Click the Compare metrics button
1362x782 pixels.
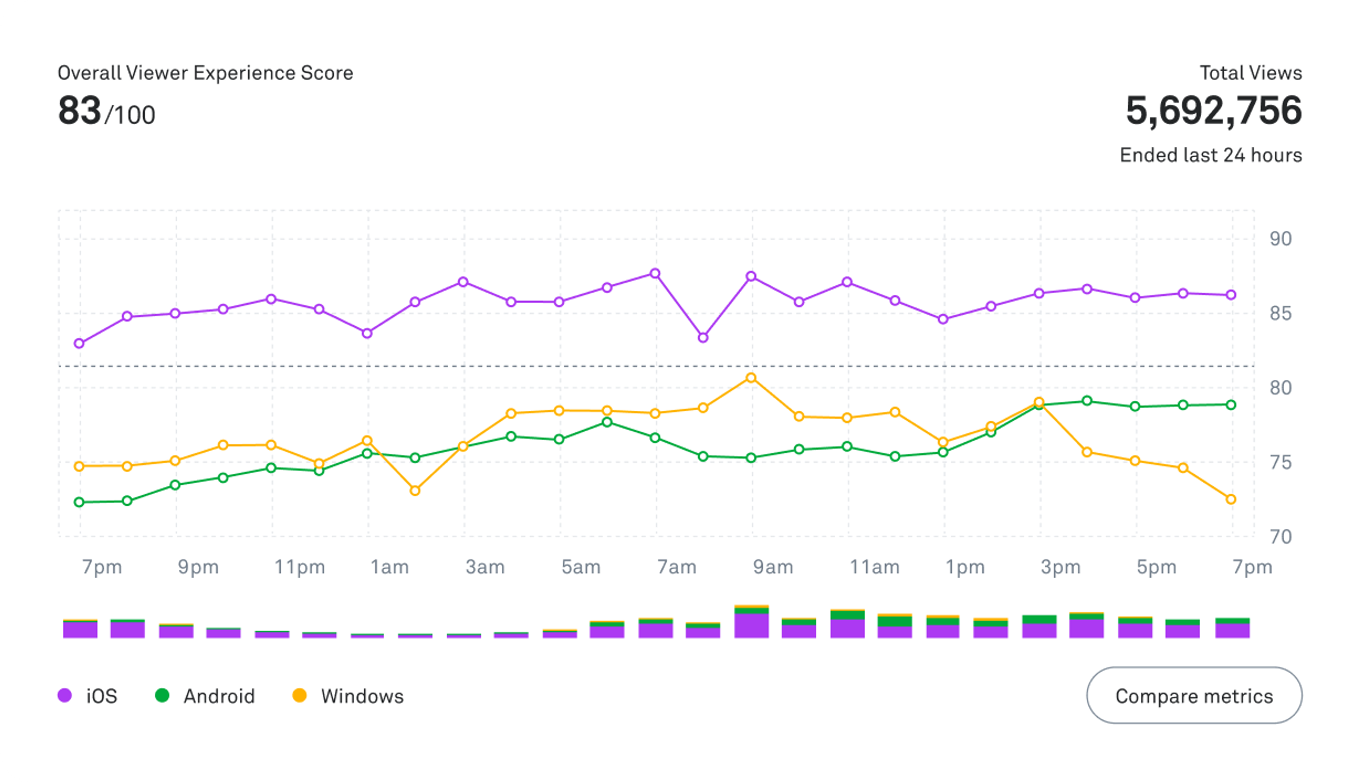pyautogui.click(x=1194, y=696)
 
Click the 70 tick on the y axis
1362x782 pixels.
pyautogui.click(x=1280, y=536)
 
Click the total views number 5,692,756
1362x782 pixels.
pyautogui.click(x=1213, y=110)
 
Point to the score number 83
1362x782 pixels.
pyautogui.click(x=79, y=111)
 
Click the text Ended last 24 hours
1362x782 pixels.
pyautogui.click(x=1211, y=155)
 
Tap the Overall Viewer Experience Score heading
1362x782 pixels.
pyautogui.click(x=205, y=73)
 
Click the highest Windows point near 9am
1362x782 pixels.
pyautogui.click(x=751, y=378)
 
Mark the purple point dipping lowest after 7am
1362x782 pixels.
pyautogui.click(x=703, y=338)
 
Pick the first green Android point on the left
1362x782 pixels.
pyautogui.click(x=79, y=502)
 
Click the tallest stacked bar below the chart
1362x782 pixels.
pyautogui.click(x=751, y=621)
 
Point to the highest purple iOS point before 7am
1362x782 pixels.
pyautogui.click(x=655, y=274)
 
